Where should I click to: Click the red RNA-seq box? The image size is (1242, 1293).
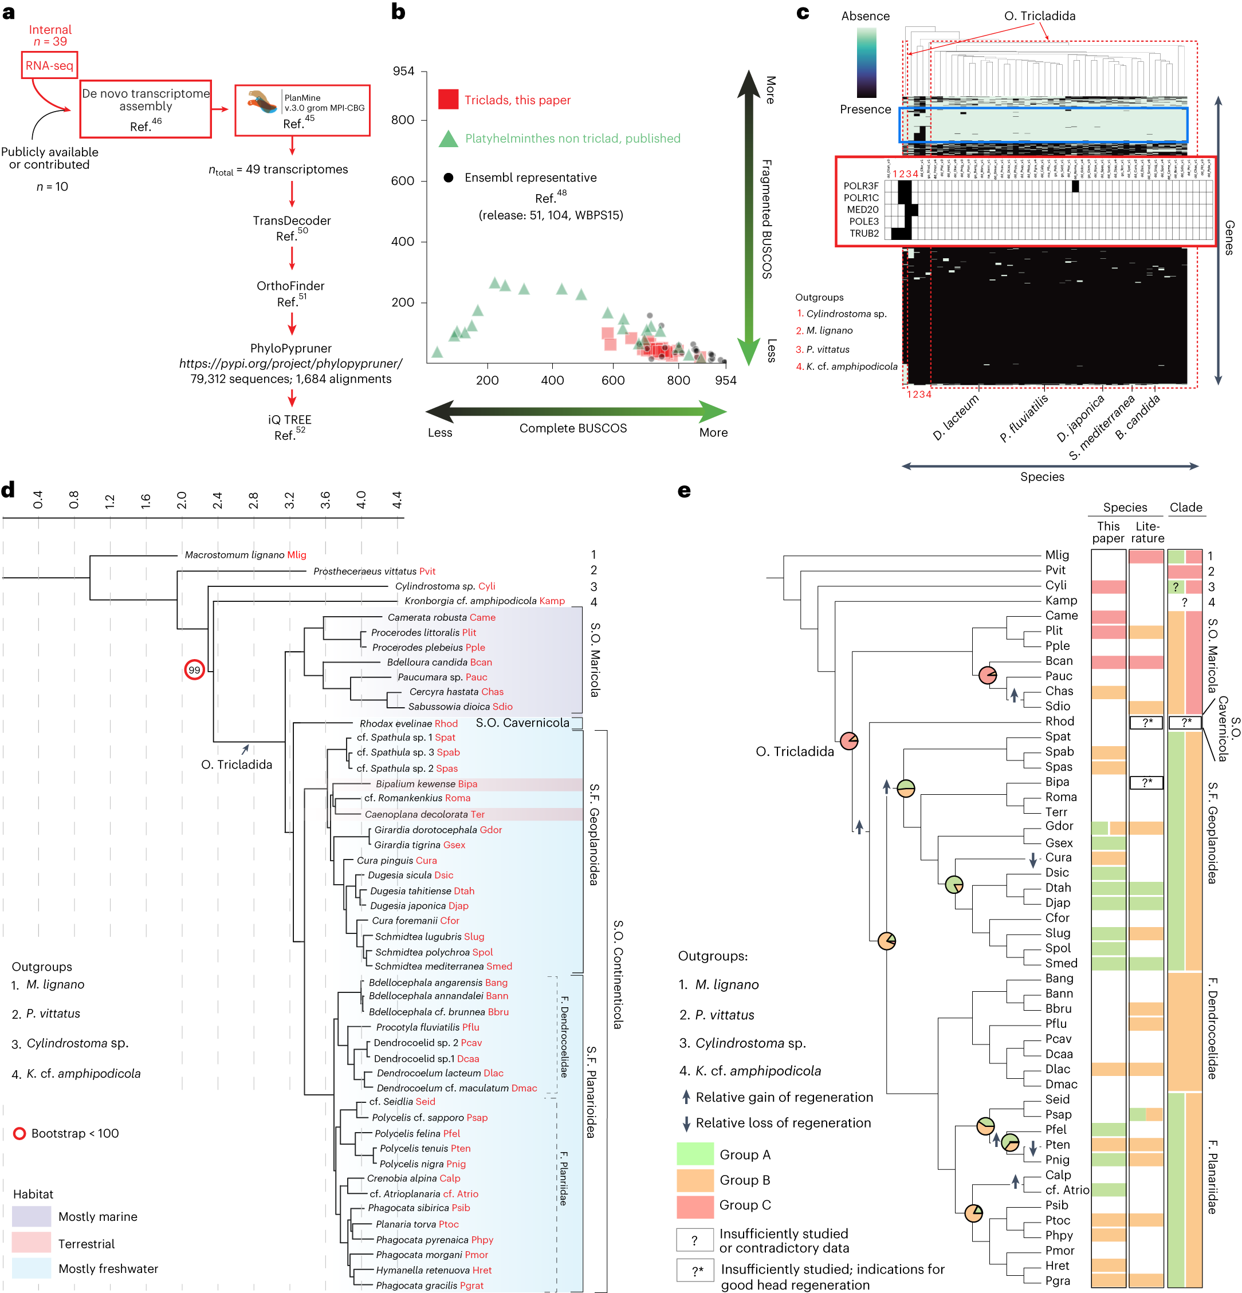coord(49,65)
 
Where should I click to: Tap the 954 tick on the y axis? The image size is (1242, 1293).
coord(403,71)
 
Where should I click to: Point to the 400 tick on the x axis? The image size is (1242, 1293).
coord(552,381)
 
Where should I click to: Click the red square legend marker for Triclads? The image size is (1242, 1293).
coord(448,100)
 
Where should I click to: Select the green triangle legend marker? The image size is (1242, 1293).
coord(448,139)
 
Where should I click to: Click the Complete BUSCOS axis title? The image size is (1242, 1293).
coord(572,428)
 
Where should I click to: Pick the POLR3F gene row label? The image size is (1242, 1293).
coord(860,186)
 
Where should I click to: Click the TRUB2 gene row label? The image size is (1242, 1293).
coord(863,234)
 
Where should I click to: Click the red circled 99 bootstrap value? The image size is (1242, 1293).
coord(194,669)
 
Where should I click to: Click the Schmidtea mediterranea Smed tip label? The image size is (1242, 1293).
coord(443,967)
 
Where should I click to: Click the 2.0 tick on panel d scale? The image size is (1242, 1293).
coord(182,500)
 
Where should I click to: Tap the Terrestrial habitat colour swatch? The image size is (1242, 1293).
coord(31,1242)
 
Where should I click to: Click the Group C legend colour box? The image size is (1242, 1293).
coord(695,1206)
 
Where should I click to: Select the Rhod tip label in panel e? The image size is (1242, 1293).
coord(1059,721)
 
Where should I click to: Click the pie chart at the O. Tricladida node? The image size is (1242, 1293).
coord(848,741)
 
